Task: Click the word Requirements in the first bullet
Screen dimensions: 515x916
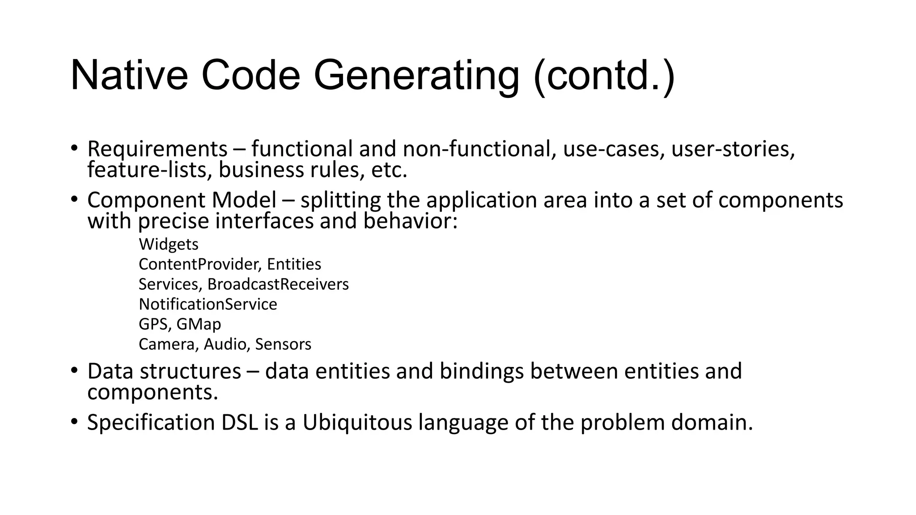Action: pyautogui.click(x=157, y=149)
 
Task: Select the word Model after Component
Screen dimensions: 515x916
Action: pyautogui.click(x=244, y=200)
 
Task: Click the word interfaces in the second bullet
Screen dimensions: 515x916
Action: pyautogui.click(x=264, y=221)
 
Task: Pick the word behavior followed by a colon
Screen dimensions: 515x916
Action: pyautogui.click(x=407, y=221)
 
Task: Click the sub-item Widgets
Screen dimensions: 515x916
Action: pyautogui.click(x=169, y=245)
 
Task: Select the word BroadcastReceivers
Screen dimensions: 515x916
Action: pyautogui.click(x=278, y=284)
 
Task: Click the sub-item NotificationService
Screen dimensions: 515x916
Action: pyautogui.click(x=208, y=304)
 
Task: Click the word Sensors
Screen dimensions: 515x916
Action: pyautogui.click(x=283, y=344)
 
